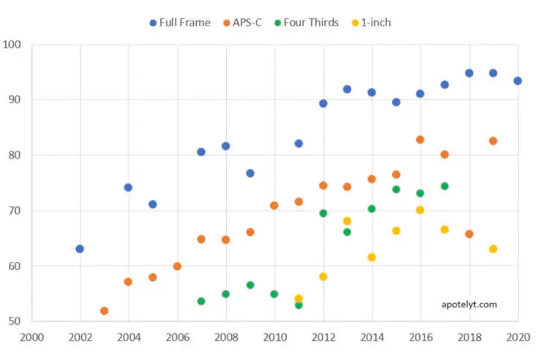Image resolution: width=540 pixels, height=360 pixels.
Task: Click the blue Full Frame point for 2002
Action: click(80, 249)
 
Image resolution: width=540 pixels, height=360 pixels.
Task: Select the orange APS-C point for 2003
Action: click(104, 311)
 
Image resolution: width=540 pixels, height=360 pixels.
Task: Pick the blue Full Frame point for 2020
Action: click(517, 81)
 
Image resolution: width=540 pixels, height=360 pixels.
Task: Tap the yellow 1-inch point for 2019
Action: click(493, 249)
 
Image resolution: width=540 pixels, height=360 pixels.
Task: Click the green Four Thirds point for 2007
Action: click(201, 301)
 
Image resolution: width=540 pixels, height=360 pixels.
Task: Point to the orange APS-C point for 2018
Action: click(469, 234)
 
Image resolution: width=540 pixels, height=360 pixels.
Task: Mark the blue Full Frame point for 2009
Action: click(250, 173)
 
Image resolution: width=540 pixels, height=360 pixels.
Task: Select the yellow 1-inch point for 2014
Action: click(372, 258)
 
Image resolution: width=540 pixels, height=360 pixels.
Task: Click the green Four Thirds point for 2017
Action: click(444, 186)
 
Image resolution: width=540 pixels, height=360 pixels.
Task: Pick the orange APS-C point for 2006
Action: click(177, 266)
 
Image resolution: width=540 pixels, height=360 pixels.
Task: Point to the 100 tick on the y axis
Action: click(15, 45)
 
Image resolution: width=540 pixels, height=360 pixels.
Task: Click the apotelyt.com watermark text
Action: click(469, 304)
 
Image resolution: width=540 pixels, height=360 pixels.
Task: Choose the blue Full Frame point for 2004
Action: click(128, 187)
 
